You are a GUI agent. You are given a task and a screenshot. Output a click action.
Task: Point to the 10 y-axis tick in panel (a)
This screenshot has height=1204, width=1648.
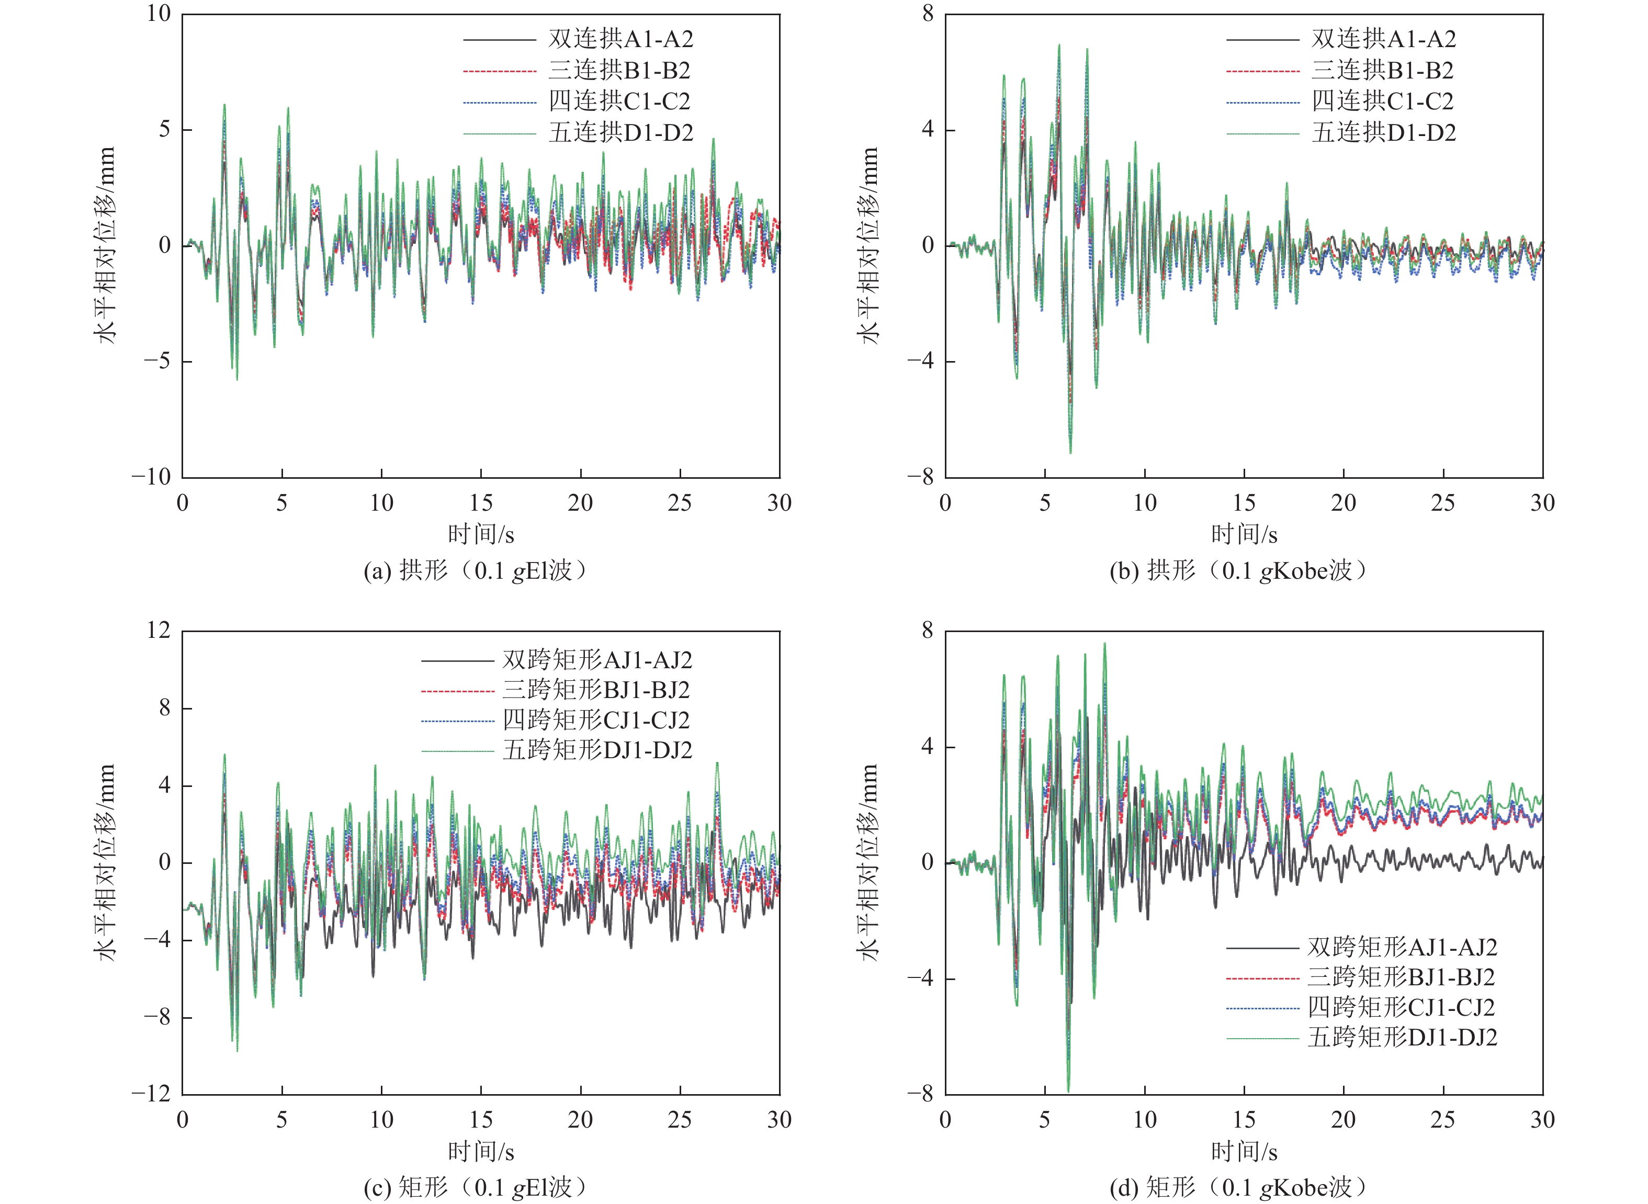[x=159, y=14]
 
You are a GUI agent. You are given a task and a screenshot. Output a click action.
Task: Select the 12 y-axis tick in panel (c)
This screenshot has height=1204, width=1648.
[x=159, y=631]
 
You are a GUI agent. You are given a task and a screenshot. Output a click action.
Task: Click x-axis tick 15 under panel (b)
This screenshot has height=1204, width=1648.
[x=1244, y=503]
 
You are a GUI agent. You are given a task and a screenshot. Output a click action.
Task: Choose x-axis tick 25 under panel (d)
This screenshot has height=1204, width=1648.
[x=1442, y=1119]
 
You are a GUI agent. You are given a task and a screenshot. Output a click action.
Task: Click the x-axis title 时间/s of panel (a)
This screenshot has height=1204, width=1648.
[x=481, y=535]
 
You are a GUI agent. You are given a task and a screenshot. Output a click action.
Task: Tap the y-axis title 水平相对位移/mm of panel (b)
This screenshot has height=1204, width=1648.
[x=868, y=245]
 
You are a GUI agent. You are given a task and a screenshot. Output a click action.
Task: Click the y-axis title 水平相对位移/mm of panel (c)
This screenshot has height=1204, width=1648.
[x=106, y=862]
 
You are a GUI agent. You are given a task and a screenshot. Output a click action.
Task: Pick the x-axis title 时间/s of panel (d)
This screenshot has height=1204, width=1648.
[x=1244, y=1152]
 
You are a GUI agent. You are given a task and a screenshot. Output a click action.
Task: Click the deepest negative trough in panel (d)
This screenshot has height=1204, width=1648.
[x=1069, y=1091]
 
